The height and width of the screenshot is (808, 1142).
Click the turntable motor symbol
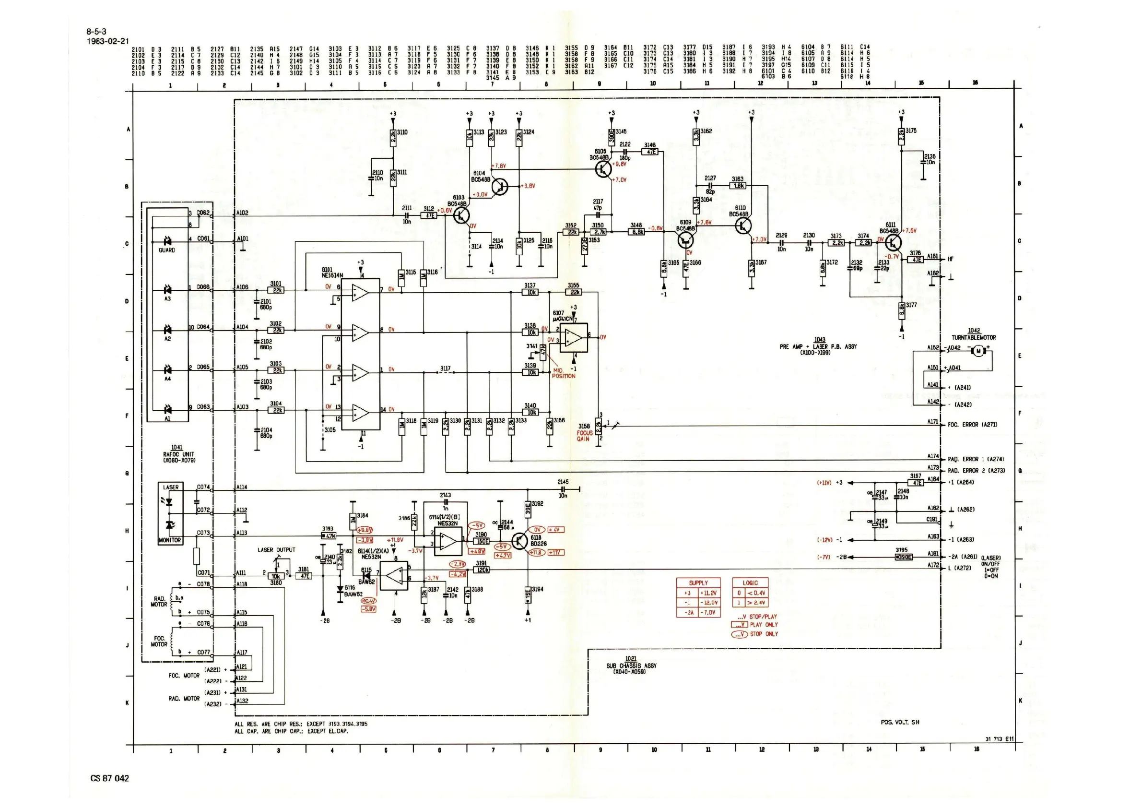click(978, 351)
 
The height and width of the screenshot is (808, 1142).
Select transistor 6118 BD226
click(520, 541)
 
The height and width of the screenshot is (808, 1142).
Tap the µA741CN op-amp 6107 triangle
click(574, 338)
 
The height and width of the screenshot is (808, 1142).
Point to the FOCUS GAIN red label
click(584, 436)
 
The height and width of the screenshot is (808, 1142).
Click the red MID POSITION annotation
click(563, 373)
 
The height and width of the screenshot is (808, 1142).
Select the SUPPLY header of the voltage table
click(698, 582)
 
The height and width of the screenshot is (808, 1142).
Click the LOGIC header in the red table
click(750, 582)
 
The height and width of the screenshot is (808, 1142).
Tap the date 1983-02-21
click(107, 41)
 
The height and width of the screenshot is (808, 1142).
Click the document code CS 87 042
click(110, 779)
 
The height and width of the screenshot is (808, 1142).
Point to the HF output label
click(951, 259)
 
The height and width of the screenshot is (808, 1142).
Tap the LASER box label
click(171, 487)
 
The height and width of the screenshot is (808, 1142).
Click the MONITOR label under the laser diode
click(170, 540)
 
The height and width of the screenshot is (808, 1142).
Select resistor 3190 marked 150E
click(482, 541)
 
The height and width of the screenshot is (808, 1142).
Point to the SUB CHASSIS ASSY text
click(631, 665)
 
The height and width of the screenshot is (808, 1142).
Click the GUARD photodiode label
click(166, 250)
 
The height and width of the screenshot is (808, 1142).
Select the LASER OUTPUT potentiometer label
click(276, 550)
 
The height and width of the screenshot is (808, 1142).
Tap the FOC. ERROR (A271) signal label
click(972, 425)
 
